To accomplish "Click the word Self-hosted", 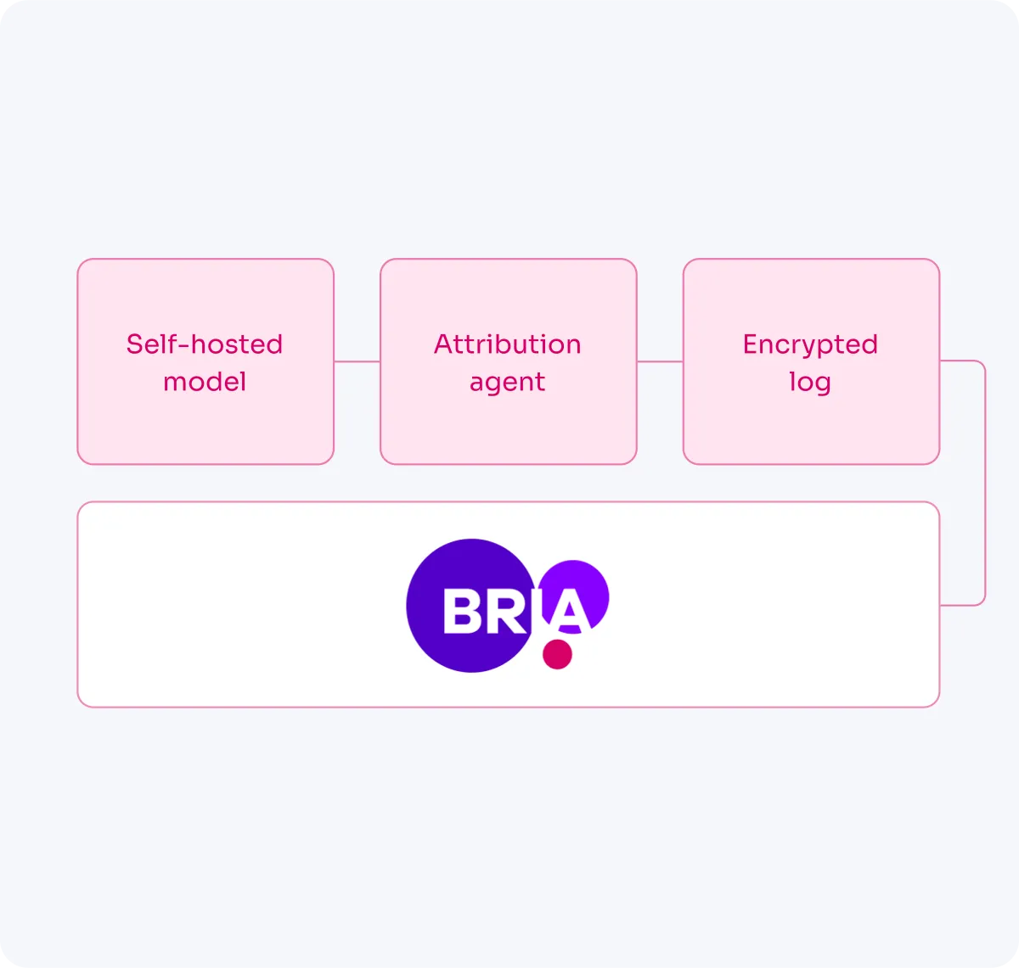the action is click(204, 344).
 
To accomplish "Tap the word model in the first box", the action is click(204, 382).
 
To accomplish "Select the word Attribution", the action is click(507, 344).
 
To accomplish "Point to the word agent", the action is click(507, 383).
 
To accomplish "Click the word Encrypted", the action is click(810, 344).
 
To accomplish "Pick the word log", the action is click(810, 383).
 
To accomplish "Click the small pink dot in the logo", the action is click(557, 654).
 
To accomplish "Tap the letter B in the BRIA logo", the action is click(462, 611).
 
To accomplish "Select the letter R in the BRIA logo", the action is click(507, 611).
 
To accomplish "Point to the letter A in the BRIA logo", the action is click(570, 611).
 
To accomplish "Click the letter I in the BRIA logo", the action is click(538, 611).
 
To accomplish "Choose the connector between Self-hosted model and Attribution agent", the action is click(357, 361).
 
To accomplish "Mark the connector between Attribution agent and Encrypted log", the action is click(660, 361).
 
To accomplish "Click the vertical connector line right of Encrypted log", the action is click(985, 484).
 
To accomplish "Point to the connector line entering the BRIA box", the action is click(961, 605).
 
